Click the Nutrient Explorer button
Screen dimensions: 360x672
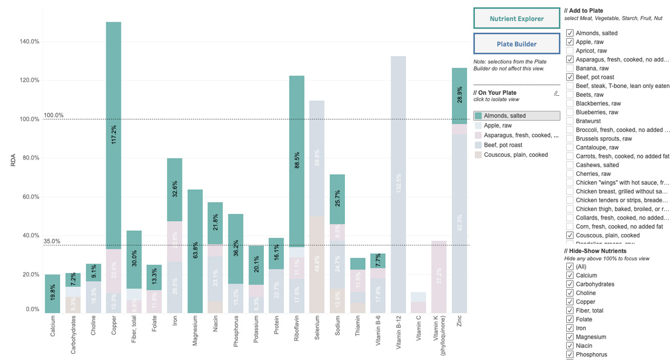click(x=516, y=18)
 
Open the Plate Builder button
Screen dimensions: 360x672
click(x=516, y=44)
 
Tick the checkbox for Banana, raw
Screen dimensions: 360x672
click(x=570, y=68)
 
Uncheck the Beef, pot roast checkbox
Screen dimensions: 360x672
click(x=570, y=77)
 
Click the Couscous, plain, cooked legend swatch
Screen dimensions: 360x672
click(x=478, y=155)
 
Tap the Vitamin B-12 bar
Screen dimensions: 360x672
click(x=398, y=184)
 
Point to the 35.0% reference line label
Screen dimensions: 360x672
click(x=52, y=241)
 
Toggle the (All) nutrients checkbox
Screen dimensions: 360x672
click(x=570, y=267)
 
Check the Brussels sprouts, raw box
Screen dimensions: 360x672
click(x=570, y=138)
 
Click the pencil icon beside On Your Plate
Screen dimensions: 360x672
click(x=556, y=92)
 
